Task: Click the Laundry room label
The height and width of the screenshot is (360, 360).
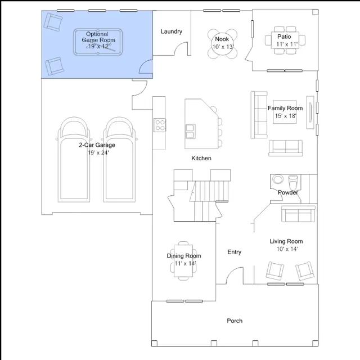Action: [x=171, y=31]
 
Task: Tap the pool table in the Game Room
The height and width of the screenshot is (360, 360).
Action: [x=98, y=42]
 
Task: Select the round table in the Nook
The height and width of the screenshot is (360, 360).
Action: [x=222, y=44]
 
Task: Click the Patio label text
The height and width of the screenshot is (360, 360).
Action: [x=284, y=37]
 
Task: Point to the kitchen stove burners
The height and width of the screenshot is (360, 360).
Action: [x=160, y=125]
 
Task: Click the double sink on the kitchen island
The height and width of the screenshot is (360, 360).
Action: [x=190, y=132]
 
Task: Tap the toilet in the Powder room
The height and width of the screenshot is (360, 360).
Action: [x=292, y=182]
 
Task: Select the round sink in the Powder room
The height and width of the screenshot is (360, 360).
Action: [x=278, y=179]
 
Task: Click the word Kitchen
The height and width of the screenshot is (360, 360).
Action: [x=201, y=158]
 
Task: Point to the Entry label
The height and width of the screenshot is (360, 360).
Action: [x=234, y=252]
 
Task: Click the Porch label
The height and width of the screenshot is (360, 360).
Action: [x=235, y=321]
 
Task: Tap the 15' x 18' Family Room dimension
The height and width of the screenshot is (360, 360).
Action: [x=286, y=116]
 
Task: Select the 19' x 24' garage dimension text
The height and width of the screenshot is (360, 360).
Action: [x=98, y=152]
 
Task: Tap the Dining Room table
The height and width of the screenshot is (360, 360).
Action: [x=183, y=261]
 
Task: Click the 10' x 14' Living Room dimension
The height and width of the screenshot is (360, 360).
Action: [x=287, y=249]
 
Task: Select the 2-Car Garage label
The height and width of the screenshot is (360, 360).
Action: [x=97, y=145]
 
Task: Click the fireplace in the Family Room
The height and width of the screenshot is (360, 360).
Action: [x=310, y=112]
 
